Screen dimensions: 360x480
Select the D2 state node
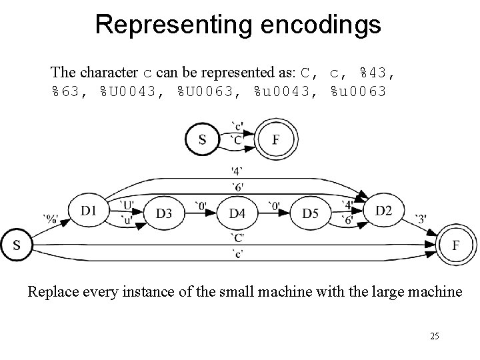384,211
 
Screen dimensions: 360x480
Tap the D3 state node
165,213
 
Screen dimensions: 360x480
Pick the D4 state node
238,213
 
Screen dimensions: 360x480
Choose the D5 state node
311,213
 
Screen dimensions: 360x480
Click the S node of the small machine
202,139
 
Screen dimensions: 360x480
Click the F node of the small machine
275,139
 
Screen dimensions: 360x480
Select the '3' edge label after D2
421,218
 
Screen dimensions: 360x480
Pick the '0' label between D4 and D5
274,205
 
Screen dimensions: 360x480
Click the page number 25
435,337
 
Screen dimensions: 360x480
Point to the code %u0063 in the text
358,91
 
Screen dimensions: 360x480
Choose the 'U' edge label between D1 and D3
127,204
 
